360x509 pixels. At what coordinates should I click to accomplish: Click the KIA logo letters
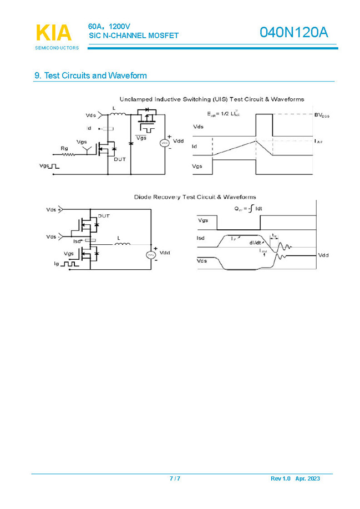54,33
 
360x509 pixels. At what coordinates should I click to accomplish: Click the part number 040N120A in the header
295,33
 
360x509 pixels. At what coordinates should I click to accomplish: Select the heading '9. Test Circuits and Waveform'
90,75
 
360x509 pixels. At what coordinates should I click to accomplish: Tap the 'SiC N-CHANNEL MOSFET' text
134,36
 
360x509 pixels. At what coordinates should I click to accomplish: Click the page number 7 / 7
175,478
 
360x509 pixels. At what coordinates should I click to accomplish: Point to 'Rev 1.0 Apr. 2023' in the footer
295,478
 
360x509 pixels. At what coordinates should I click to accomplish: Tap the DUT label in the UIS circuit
120,159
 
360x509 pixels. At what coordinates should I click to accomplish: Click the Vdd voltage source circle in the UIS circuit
164,143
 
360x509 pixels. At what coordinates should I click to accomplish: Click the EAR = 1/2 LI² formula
224,114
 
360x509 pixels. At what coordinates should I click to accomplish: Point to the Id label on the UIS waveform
195,147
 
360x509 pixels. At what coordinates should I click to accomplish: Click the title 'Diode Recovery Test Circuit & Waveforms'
195,197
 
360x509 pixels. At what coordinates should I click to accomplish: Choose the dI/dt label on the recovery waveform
256,242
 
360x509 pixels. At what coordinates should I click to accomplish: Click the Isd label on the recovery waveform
201,238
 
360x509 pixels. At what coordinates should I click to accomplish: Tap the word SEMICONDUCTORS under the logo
57,48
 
